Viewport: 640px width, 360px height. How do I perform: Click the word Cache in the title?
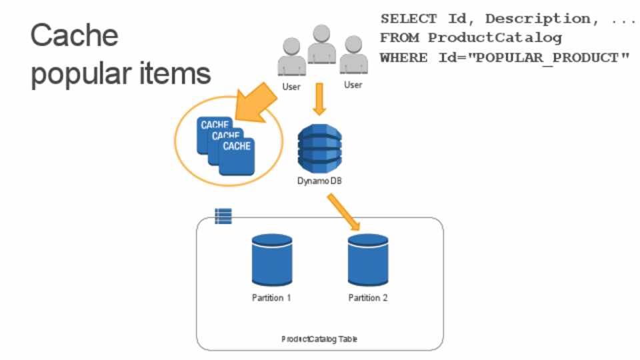point(74,35)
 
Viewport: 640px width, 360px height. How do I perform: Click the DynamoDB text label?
point(319,181)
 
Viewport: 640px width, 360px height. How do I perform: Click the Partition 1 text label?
point(272,297)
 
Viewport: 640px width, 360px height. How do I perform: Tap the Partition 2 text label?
point(368,297)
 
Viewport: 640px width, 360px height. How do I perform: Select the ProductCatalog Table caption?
point(319,339)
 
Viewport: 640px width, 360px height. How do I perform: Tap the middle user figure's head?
point(322,33)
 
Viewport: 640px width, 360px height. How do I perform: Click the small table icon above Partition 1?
point(223,216)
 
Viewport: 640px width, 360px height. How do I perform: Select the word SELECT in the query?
point(409,19)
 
